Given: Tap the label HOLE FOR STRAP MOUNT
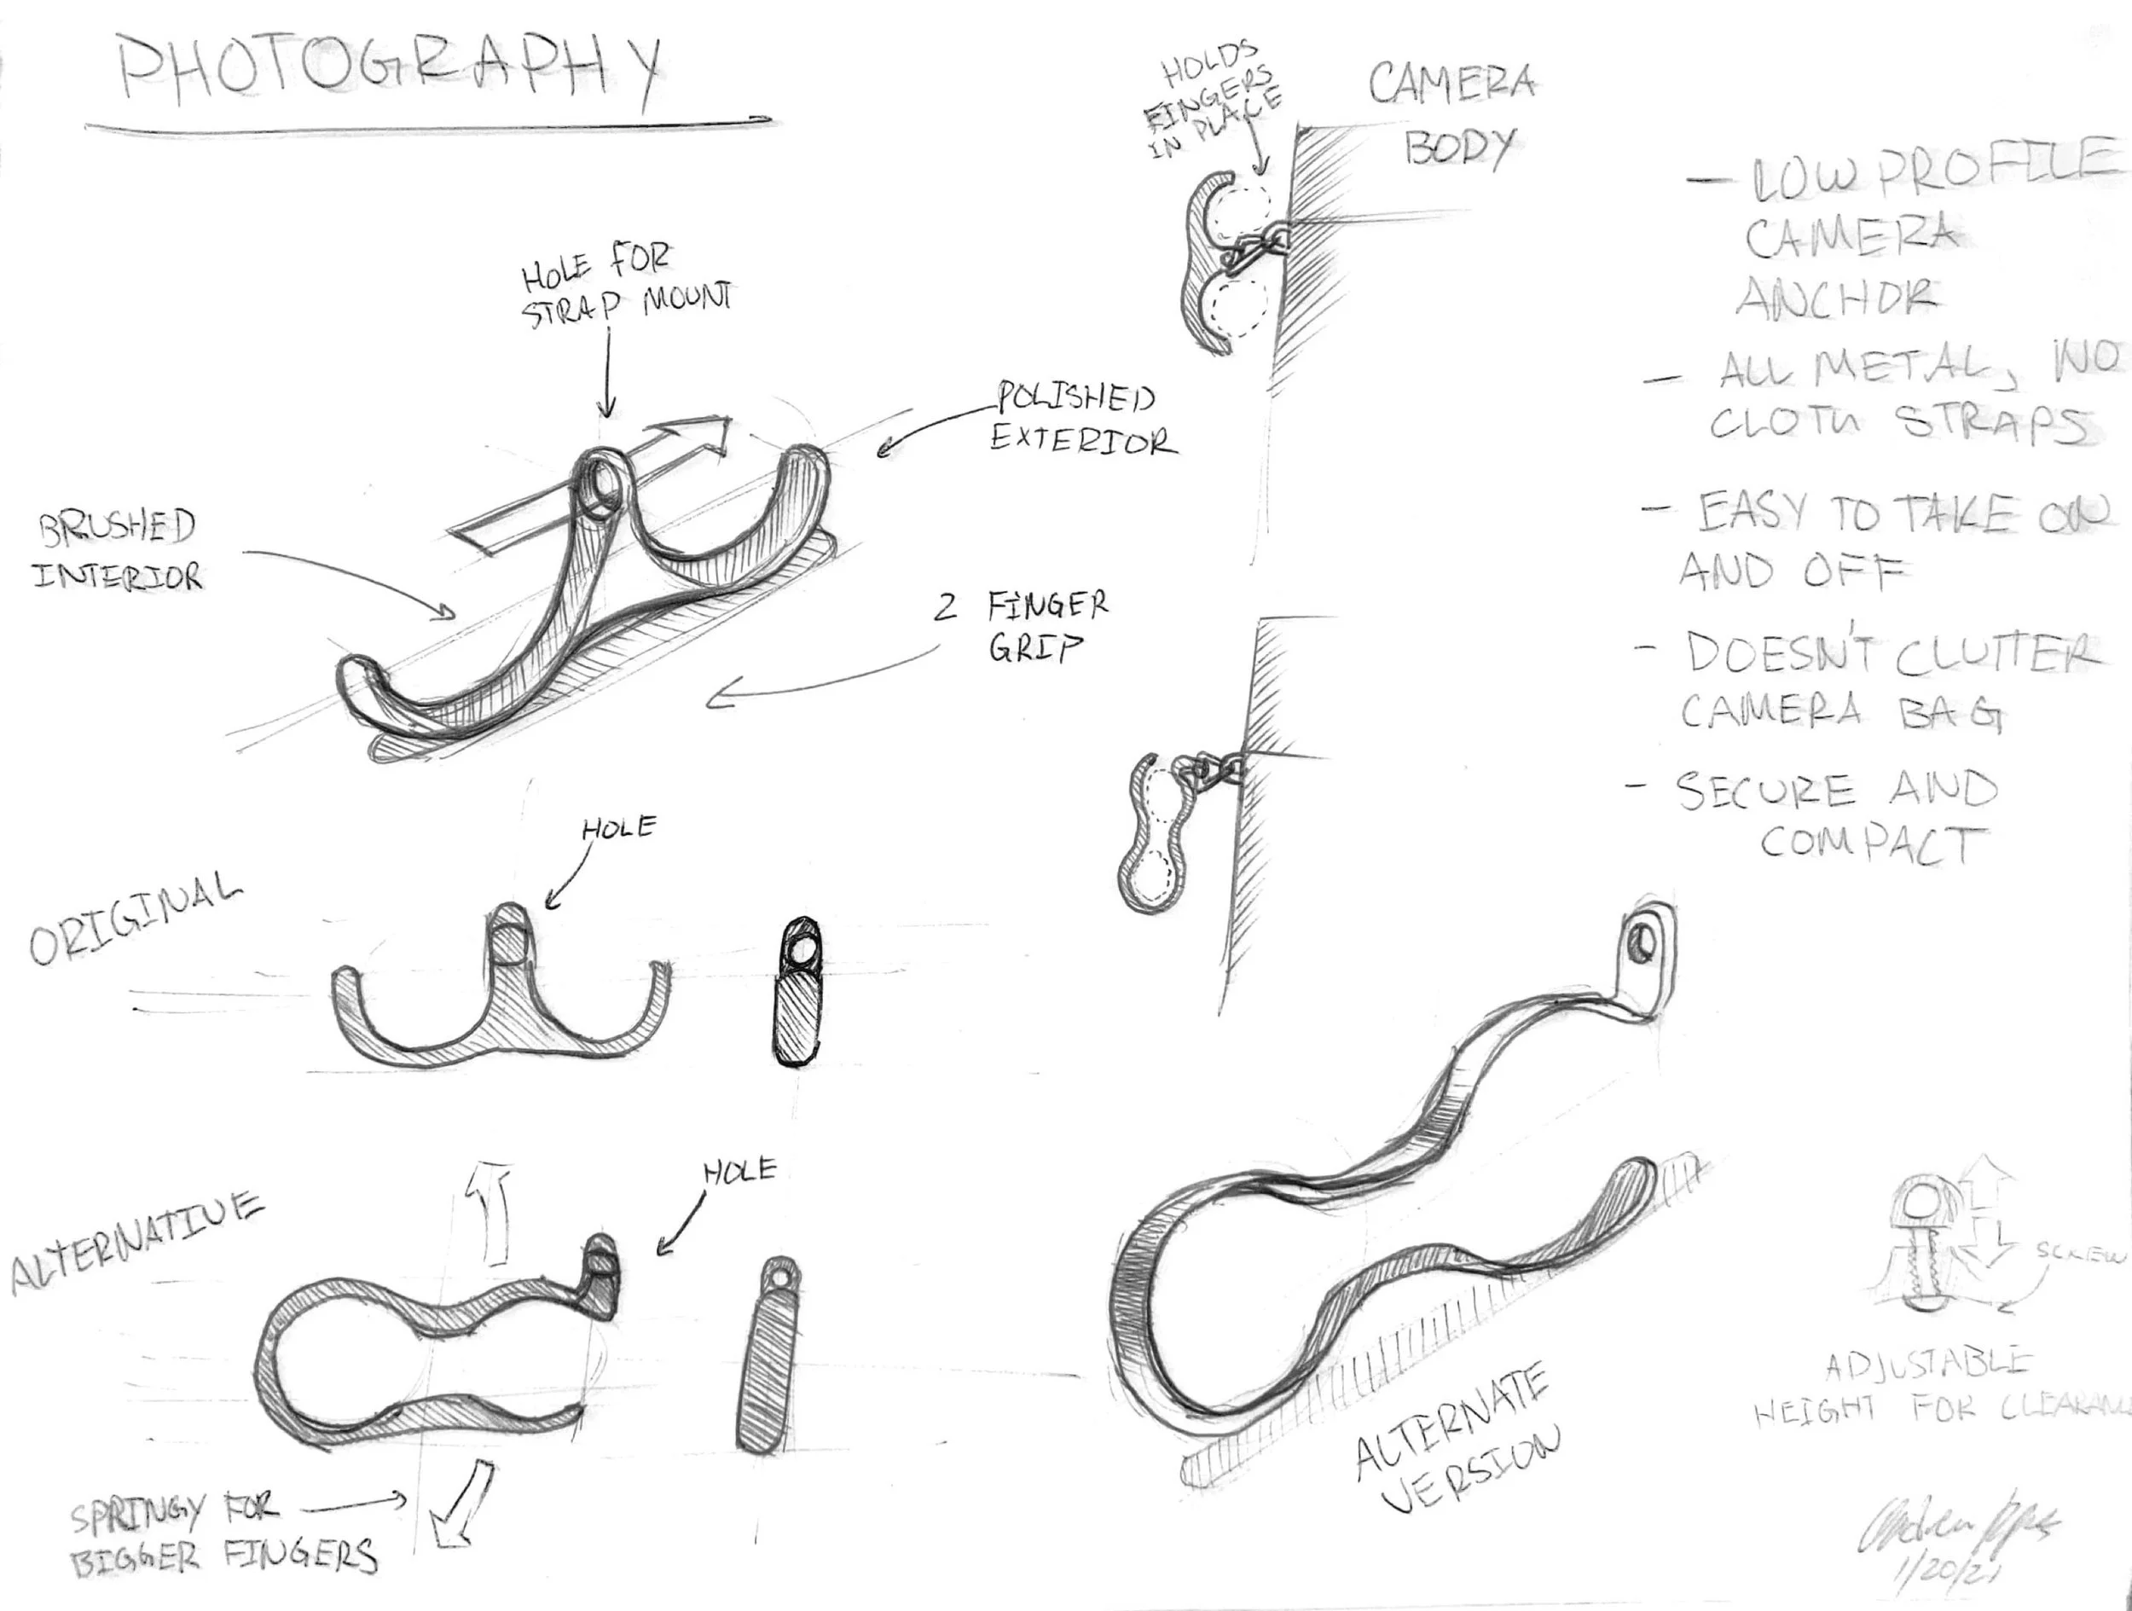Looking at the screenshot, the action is point(624,287).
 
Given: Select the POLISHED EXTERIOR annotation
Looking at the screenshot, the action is point(1080,419).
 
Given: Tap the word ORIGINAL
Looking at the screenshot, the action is point(135,917).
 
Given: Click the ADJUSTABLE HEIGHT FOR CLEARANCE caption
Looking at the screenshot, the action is point(1938,1388).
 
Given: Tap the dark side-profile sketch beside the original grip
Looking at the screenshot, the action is point(798,992).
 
